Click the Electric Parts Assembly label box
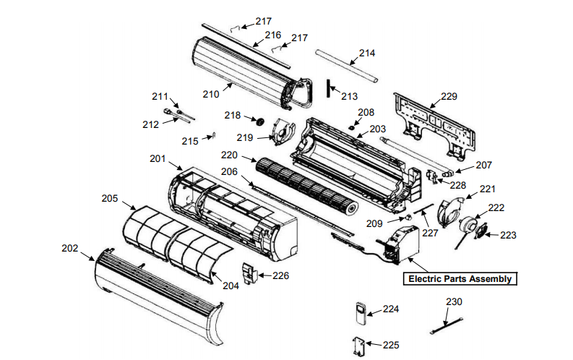460,279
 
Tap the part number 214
367,53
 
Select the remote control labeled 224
362,313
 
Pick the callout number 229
449,96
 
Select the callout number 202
69,248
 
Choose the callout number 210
210,94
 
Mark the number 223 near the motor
509,235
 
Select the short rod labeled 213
329,87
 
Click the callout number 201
158,158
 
